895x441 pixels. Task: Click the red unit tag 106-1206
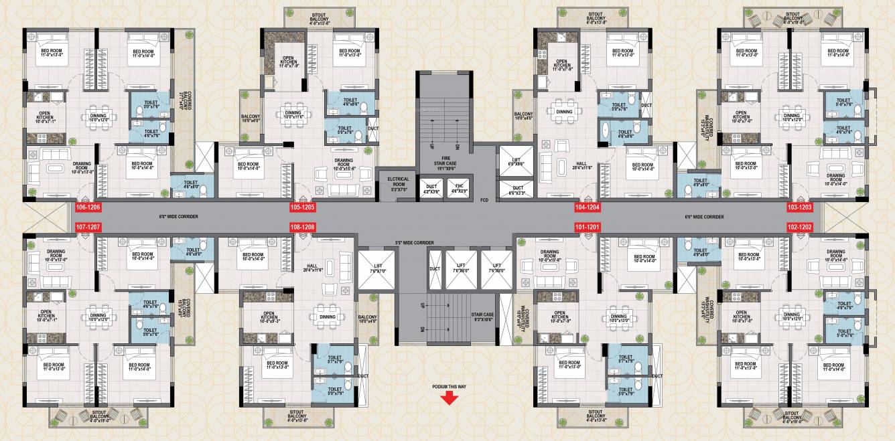(x=88, y=207)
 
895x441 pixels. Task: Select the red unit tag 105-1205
(x=302, y=207)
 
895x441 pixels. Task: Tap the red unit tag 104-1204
(x=588, y=207)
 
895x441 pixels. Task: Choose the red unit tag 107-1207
(x=88, y=228)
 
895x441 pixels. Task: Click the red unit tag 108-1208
(x=302, y=228)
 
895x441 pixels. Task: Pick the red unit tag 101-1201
(x=588, y=228)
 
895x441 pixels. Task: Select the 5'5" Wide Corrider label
(x=417, y=242)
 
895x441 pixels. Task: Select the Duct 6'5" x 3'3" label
(x=518, y=190)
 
